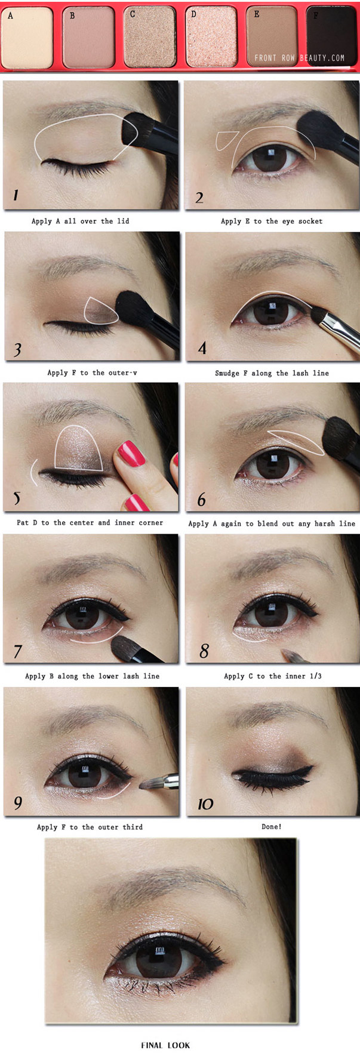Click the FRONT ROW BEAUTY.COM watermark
tap(299, 58)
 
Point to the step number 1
tap(16, 195)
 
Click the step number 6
tap(201, 500)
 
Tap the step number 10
tap(205, 804)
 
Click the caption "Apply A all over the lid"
tap(80, 221)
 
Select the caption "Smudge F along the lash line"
tap(272, 373)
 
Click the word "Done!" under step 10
tap(272, 826)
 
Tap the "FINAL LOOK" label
tap(165, 1045)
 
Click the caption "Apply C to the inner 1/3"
tap(272, 676)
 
